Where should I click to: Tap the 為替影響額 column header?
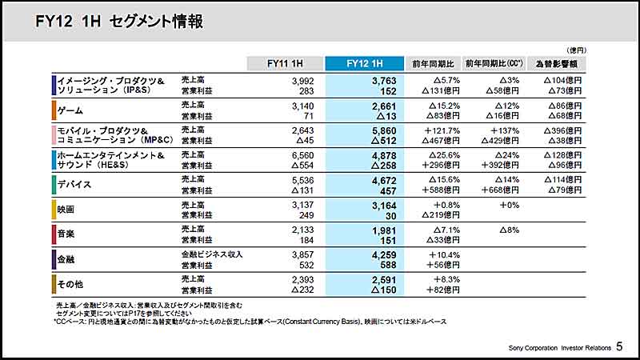click(x=560, y=62)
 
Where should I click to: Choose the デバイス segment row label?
click(x=77, y=185)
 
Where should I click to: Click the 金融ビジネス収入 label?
click(x=212, y=254)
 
